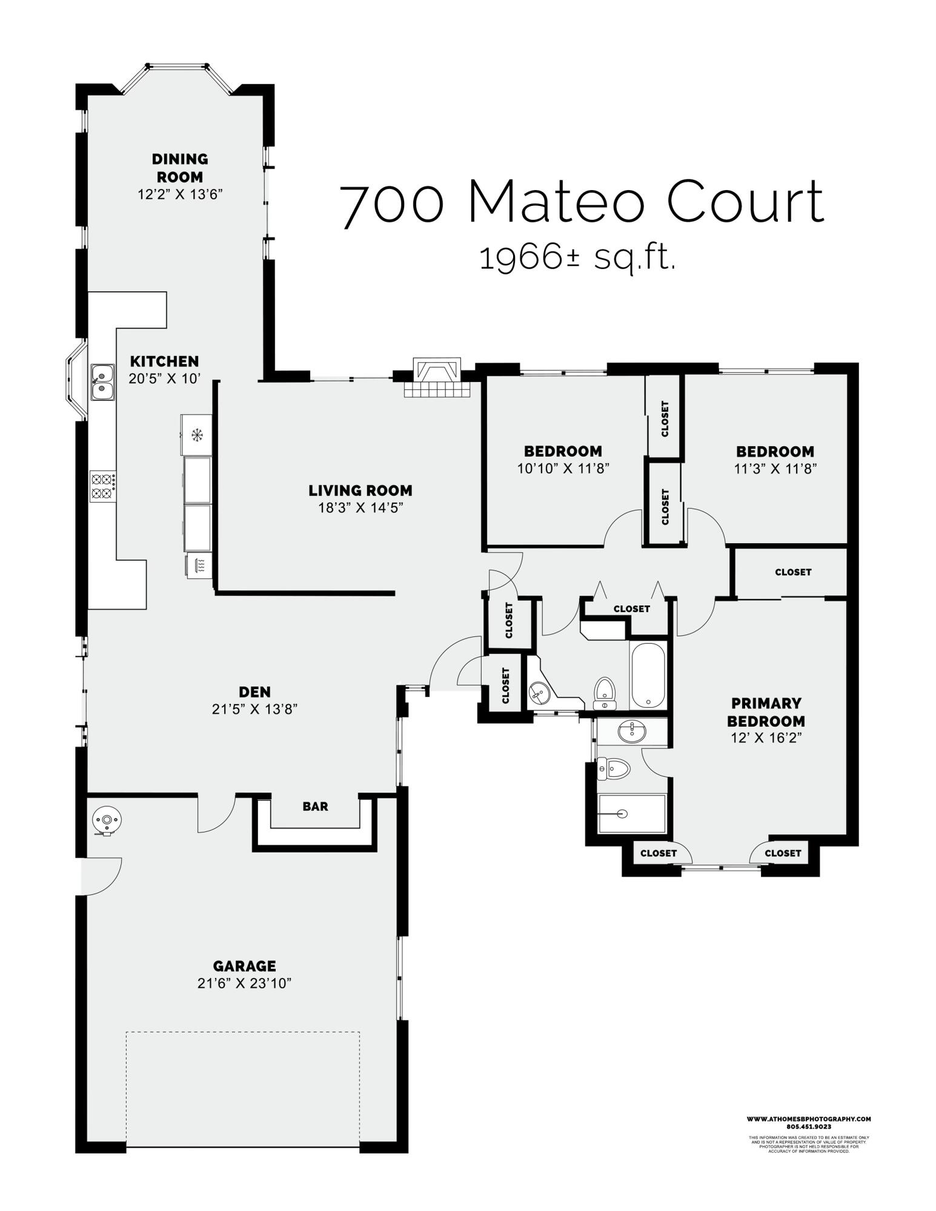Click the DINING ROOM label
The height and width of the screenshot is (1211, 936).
179,168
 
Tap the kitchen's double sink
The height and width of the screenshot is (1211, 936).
102,382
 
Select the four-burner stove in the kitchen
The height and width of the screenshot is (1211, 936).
102,486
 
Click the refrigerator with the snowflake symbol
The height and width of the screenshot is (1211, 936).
196,434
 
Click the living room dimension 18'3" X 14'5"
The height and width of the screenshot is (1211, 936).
360,507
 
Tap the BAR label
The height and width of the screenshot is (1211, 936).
315,806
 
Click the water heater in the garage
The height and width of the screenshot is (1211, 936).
107,821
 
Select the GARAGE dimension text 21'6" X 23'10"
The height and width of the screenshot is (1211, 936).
244,983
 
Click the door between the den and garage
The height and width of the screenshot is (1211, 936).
216,813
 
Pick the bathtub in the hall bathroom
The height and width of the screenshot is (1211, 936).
648,675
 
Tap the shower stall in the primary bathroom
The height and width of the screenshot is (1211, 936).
631,814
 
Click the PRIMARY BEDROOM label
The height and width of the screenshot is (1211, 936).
765,711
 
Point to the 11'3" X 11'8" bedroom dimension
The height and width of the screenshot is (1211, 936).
775,468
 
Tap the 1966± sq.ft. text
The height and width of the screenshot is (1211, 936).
577,259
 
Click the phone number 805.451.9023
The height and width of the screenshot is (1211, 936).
808,1126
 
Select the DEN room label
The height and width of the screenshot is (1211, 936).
254,691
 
